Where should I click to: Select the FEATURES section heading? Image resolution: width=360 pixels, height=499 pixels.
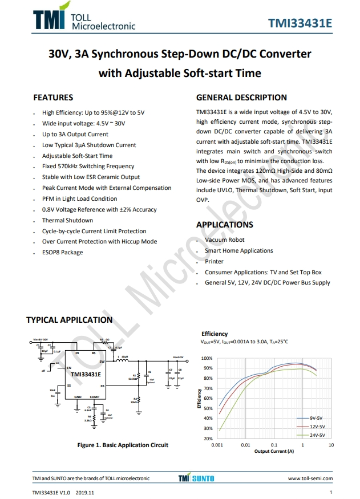53,98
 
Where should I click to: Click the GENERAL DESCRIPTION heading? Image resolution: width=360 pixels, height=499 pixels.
241,98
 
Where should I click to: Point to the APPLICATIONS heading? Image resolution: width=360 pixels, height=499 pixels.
225,225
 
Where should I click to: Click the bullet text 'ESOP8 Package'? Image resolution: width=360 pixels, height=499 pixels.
62,252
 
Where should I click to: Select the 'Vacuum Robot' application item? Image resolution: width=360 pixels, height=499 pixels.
225,240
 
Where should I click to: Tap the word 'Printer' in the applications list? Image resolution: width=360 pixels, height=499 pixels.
214,261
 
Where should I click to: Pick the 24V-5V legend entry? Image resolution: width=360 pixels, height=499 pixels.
317,435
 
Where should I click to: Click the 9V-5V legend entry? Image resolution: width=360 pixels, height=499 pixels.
317,418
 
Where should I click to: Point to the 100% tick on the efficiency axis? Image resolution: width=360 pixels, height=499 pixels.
207,359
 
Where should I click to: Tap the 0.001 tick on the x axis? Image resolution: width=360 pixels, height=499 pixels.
217,445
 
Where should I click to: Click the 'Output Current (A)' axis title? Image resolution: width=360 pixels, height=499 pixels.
274,451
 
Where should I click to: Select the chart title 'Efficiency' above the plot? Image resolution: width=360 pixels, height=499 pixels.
215,334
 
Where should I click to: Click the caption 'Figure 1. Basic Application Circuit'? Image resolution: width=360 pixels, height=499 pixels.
123,445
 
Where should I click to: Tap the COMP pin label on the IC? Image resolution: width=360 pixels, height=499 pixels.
94,397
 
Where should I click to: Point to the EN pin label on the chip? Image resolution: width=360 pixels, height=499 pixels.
69,368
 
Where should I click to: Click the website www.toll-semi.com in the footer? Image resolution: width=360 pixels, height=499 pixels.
310,478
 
